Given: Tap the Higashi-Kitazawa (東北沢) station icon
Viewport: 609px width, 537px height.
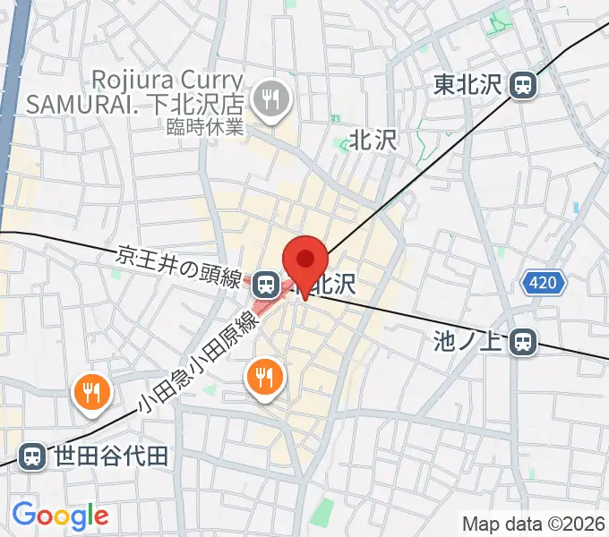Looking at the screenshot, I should click(522, 85).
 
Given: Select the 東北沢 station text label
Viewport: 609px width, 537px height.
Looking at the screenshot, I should click(469, 85).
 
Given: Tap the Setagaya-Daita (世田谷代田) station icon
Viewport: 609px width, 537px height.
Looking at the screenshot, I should click(31, 456).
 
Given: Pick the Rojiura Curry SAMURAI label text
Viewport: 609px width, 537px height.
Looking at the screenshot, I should click(134, 90).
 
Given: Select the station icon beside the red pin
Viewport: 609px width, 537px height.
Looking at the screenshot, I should click(264, 285).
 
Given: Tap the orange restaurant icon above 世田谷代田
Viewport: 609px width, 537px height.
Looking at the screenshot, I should click(91, 391).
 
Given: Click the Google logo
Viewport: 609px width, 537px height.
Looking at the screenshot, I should click(60, 516).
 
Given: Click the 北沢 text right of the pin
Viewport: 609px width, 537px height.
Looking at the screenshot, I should click(335, 285).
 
